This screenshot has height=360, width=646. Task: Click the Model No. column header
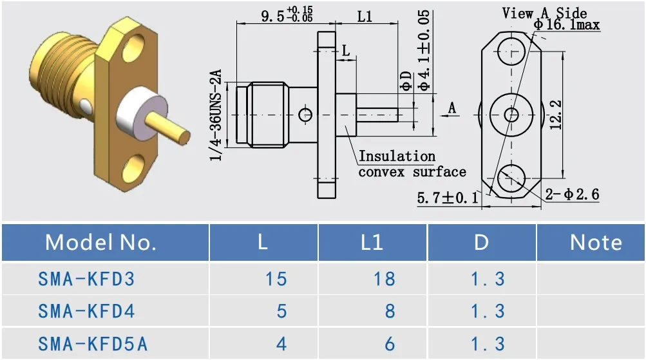[101, 242]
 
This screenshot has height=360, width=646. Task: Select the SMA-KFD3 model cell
[86, 279]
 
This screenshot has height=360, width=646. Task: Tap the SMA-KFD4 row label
[86, 312]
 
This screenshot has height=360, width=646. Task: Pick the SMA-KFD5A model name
[93, 344]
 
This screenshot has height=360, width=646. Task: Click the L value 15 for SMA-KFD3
[276, 279]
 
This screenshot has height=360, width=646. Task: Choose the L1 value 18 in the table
[385, 279]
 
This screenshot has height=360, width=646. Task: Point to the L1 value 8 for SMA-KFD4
[390, 312]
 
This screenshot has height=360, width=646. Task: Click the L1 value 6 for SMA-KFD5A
[390, 344]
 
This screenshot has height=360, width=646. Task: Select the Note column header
[596, 242]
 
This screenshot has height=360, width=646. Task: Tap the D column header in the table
[481, 242]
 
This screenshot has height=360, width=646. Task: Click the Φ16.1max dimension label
[567, 25]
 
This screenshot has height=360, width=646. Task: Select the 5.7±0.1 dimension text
[448, 198]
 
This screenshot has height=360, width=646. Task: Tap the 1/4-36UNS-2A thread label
[217, 116]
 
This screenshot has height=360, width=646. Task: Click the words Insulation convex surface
[412, 164]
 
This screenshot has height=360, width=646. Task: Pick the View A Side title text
[544, 13]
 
